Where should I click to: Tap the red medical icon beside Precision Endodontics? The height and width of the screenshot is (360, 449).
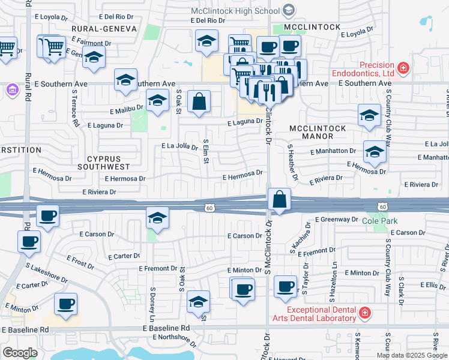pos(403,68)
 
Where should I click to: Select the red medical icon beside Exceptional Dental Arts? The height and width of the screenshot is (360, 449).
pos(364,313)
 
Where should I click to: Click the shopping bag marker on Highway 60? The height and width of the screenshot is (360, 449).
pos(280,200)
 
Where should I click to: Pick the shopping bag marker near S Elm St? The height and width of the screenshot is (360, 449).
pos(199,101)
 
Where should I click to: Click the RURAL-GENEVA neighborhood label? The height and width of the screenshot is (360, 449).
pos(104,29)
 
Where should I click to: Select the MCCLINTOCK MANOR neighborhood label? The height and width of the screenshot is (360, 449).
pos(318,133)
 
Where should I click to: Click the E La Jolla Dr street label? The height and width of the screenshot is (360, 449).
pos(180,146)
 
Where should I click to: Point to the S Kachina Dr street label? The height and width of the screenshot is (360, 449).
pos(295,237)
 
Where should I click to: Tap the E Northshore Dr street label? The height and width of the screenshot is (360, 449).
pos(175,337)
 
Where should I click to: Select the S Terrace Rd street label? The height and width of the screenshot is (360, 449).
pos(76,109)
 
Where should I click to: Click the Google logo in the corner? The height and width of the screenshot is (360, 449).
pos(20,352)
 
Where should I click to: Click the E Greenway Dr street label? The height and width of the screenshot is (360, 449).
pos(336,220)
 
